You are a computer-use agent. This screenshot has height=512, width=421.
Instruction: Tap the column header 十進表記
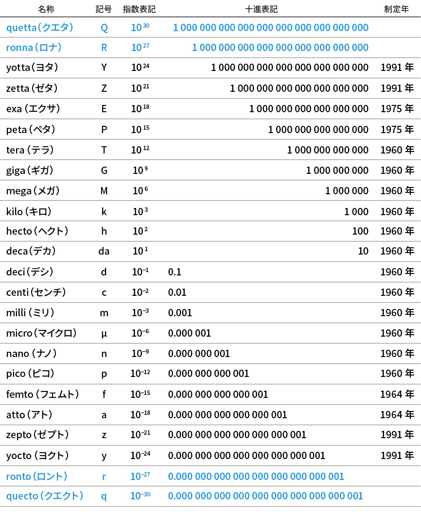point(262,9)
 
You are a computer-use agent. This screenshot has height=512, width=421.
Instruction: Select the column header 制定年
point(396,9)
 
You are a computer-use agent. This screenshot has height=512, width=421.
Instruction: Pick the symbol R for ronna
point(104,48)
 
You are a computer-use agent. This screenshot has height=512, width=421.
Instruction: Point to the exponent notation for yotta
point(140,68)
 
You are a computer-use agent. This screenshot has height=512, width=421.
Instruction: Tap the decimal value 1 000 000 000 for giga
point(337,171)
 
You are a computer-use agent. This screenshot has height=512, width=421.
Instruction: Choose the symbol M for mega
point(104,191)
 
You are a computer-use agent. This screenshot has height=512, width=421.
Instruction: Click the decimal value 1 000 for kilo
point(356,211)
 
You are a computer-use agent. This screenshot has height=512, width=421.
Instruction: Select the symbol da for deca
point(104,251)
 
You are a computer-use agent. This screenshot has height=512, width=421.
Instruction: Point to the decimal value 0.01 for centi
point(177,292)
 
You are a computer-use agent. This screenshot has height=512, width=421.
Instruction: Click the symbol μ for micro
point(104,334)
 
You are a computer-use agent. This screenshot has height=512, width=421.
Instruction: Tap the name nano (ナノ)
point(32,354)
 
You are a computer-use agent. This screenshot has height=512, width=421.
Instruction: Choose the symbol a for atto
point(104,415)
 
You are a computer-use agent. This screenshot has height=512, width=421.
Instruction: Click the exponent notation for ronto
point(140,476)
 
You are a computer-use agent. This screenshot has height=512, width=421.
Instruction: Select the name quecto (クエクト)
point(45,496)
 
